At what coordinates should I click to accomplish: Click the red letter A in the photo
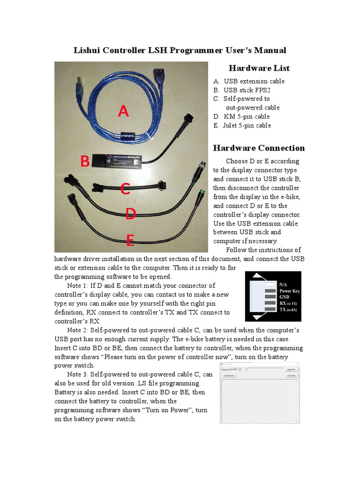click(x=123, y=112)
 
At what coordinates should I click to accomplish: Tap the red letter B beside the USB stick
click(x=85, y=162)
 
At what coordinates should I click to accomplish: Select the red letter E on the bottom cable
click(x=130, y=240)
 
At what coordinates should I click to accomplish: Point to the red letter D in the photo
click(x=130, y=214)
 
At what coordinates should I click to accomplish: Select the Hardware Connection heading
click(x=259, y=148)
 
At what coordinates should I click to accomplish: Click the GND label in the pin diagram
click(x=285, y=297)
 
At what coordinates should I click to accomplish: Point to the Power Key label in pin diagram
click(x=289, y=291)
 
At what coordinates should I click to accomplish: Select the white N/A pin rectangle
click(x=270, y=284)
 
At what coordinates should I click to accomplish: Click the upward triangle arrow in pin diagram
click(x=256, y=277)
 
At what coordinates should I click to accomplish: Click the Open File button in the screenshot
click(x=292, y=369)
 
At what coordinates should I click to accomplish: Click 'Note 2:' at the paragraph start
click(x=80, y=330)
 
